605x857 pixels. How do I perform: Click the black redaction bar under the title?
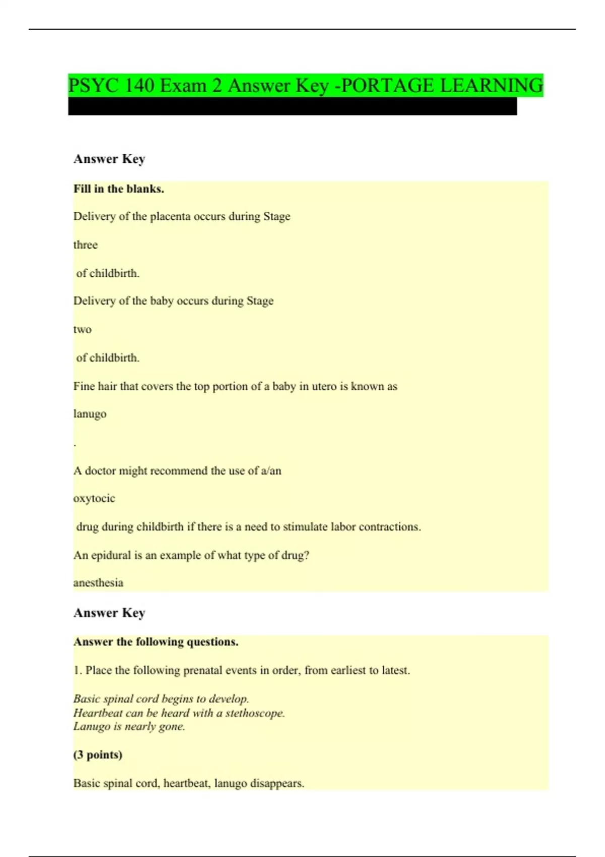[292, 106]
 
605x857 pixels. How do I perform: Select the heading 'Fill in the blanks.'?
[118, 189]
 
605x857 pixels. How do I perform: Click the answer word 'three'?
[85, 245]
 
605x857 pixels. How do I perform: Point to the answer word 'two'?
[82, 330]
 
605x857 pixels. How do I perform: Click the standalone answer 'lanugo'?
[90, 414]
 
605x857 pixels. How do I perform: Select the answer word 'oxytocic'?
[94, 499]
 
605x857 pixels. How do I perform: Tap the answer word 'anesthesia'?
[98, 583]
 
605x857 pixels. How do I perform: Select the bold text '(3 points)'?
[98, 755]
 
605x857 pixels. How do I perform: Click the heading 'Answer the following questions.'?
[156, 642]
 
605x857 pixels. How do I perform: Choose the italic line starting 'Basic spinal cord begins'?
[161, 699]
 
